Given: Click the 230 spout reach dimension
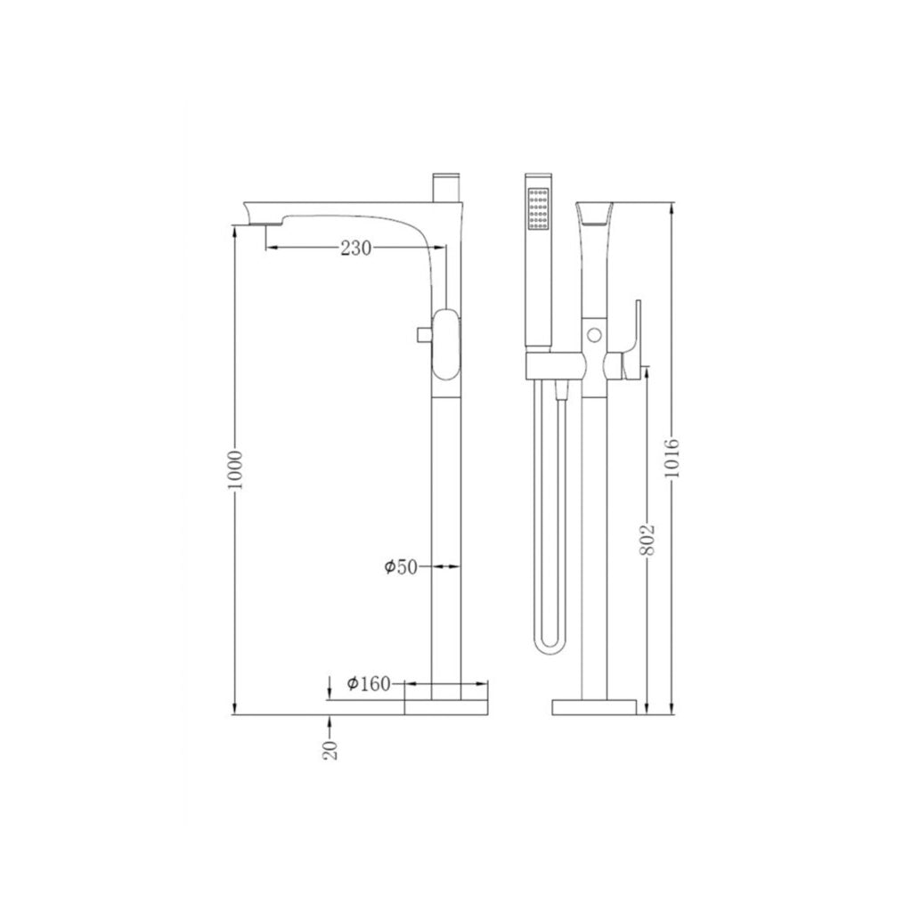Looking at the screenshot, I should (x=354, y=249).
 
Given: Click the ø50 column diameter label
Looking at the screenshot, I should (x=402, y=566).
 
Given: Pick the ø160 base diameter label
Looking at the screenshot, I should (x=369, y=683).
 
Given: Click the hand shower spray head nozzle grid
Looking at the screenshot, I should (x=539, y=209).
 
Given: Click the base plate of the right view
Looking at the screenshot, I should (x=595, y=706).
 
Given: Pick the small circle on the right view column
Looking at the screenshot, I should (x=595, y=337).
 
